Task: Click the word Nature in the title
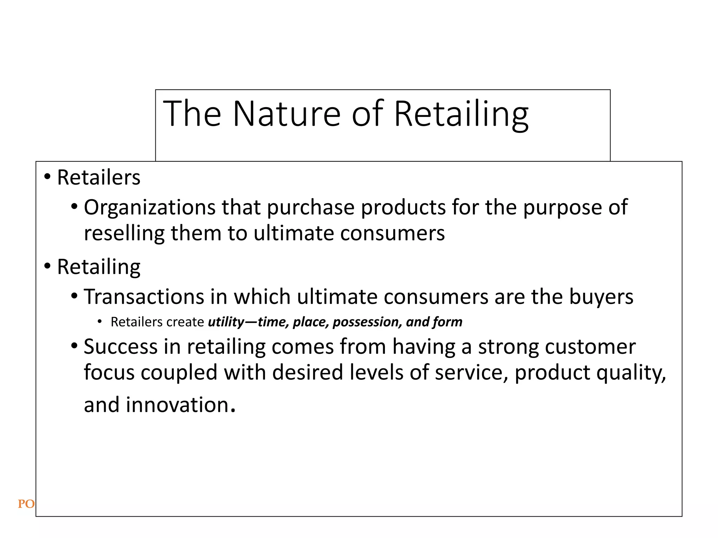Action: coord(286,113)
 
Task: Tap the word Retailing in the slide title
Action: coord(461,114)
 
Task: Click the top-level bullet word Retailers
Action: coord(99,177)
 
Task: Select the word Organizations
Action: coord(149,207)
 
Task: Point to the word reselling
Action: coord(124,233)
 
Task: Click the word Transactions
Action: coord(144,297)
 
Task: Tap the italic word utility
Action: coord(225,322)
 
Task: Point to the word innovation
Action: coord(177,405)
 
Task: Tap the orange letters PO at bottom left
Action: coord(26,504)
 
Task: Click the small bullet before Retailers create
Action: coord(100,322)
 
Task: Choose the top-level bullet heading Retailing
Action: coord(99,267)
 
